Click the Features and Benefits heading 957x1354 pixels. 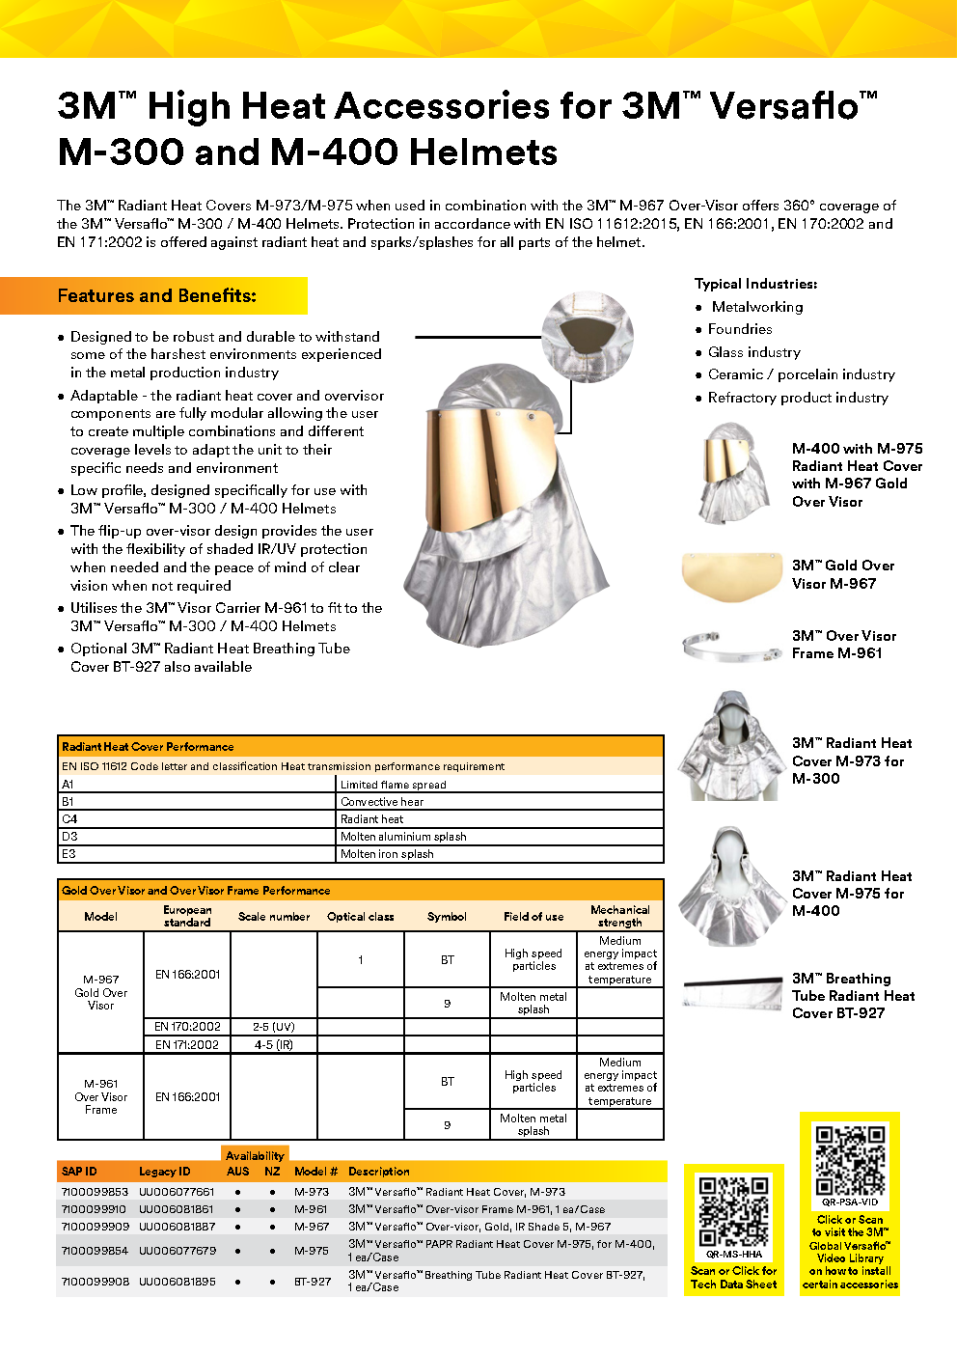(x=157, y=296)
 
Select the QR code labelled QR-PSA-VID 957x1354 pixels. (x=850, y=1161)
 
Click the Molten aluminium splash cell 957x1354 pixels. (x=403, y=837)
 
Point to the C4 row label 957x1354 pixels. (x=69, y=819)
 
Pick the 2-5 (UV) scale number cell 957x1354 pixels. (x=274, y=1027)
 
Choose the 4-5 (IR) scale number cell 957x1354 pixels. (x=274, y=1045)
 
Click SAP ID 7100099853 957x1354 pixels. (x=95, y=1192)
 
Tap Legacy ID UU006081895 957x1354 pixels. (x=177, y=1282)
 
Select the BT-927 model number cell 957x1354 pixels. (x=313, y=1282)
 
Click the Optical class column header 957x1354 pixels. (x=361, y=917)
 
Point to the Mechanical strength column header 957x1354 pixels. (x=620, y=916)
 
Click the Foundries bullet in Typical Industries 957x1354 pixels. (x=740, y=329)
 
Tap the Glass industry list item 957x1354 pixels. (x=754, y=352)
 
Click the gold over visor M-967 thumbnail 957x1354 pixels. (x=730, y=576)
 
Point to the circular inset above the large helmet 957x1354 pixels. (x=587, y=338)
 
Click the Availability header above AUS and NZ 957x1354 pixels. (x=255, y=1155)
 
